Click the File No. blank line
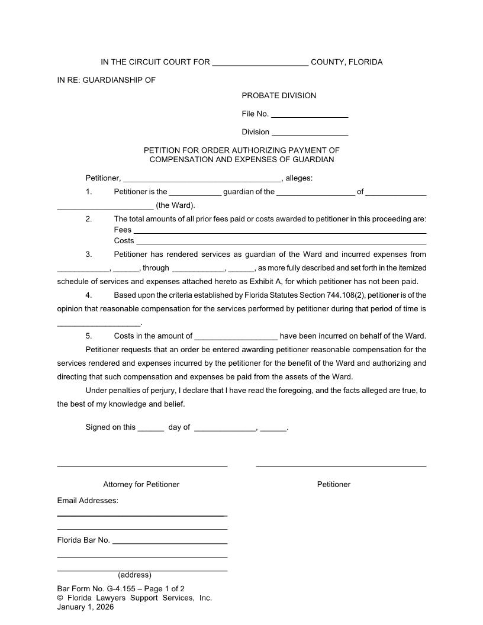click(x=309, y=115)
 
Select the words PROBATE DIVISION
click(x=279, y=96)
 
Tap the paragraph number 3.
click(x=89, y=254)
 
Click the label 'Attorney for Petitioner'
click(x=141, y=485)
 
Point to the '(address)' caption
click(x=134, y=575)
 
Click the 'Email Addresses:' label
click(x=88, y=501)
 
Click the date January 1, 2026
click(x=85, y=607)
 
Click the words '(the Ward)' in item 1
click(x=175, y=206)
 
